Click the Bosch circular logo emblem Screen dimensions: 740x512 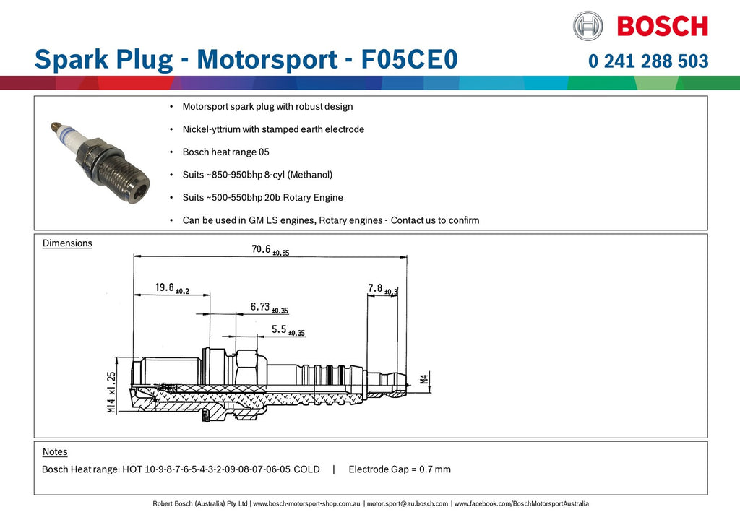tap(588, 26)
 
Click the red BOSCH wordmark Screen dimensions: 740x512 tap(663, 27)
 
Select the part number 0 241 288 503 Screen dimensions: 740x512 tap(648, 61)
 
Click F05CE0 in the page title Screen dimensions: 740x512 tap(409, 59)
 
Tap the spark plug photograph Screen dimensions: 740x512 tap(100, 161)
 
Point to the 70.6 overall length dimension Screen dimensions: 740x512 tap(270, 249)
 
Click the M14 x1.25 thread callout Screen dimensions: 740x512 tap(111, 392)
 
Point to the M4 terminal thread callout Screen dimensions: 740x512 tap(424, 378)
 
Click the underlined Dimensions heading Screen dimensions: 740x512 tap(67, 243)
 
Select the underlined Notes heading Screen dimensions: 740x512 tap(55, 451)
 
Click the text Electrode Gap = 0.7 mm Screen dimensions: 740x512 tap(400, 469)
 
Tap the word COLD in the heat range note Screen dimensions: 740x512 tap(306, 469)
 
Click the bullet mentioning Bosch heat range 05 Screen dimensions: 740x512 tap(225, 152)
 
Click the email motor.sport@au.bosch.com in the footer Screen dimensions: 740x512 tap(408, 503)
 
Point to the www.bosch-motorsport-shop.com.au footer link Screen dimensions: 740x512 tap(306, 503)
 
